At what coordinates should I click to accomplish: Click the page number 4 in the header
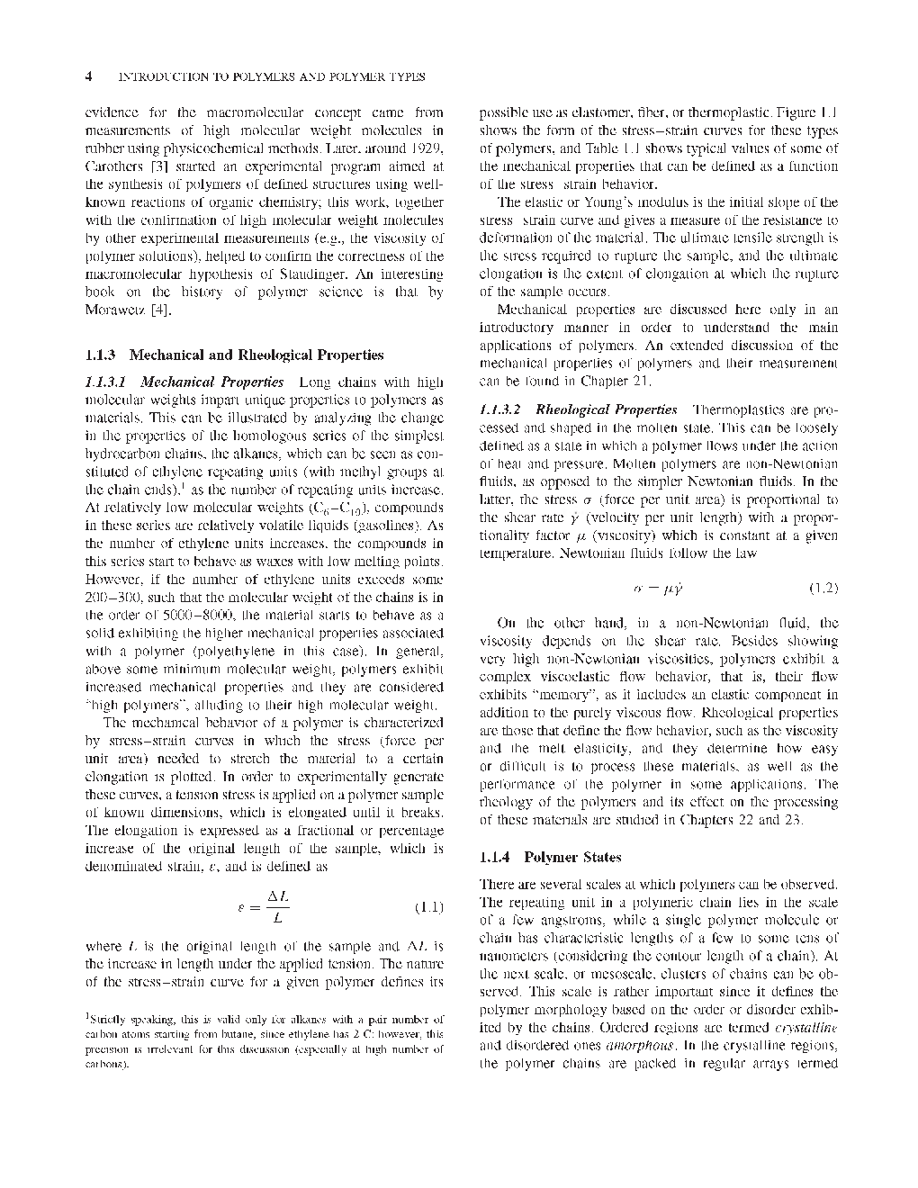point(88,77)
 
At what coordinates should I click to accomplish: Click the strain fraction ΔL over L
point(277,907)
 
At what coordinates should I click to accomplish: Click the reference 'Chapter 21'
point(607,381)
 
